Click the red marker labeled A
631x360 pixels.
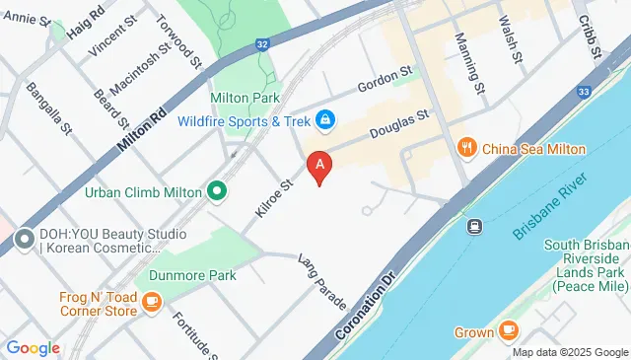pyautogui.click(x=318, y=166)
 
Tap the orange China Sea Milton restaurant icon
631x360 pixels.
pyautogui.click(x=468, y=149)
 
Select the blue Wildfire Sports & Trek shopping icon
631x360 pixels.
pyautogui.click(x=324, y=120)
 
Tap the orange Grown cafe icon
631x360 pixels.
pyautogui.click(x=509, y=331)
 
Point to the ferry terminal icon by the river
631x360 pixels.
pyautogui.click(x=474, y=226)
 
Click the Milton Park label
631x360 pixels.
pyautogui.click(x=245, y=99)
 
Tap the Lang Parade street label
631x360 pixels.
pyautogui.click(x=322, y=275)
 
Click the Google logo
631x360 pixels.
pyautogui.click(x=33, y=347)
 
